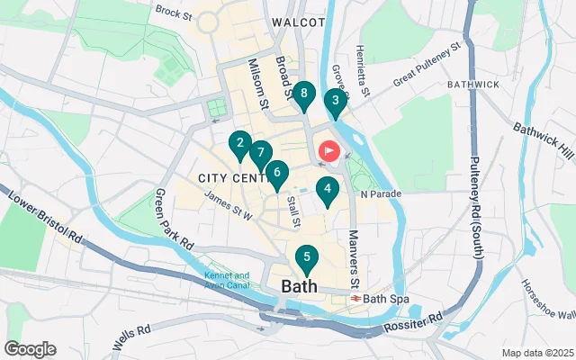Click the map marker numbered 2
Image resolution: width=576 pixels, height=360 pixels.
pos(239,143)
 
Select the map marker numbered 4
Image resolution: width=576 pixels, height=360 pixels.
pos(328,190)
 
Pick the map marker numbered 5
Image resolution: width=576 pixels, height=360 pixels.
pos(307,258)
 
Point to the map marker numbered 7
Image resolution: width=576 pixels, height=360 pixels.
pos(260,154)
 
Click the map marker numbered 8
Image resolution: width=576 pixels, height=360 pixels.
pos(304,94)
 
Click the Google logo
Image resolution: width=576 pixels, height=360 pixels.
pos(30,349)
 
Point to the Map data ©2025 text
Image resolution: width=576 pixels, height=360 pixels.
pos(536,353)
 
